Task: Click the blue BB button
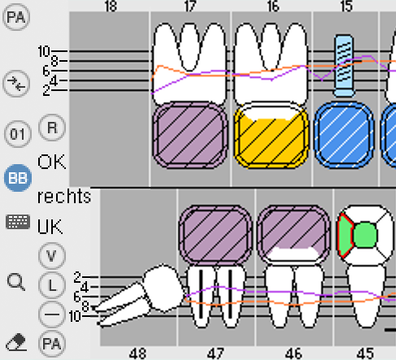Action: coord(18,178)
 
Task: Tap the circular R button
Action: coord(52,128)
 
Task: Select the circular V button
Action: coord(52,256)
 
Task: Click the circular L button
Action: coord(52,285)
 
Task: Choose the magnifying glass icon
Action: coord(16,282)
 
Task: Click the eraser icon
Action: coord(17,342)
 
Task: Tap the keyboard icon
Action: coord(18,222)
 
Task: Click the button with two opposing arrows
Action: coord(16,83)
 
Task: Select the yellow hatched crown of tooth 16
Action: coord(271,135)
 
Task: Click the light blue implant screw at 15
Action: coord(344,66)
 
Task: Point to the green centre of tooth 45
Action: coord(365,235)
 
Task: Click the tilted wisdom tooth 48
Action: coord(140,296)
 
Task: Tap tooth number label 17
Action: coord(190,6)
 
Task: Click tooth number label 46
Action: coord(294,353)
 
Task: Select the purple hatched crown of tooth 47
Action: coord(215,235)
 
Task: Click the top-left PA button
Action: coord(16,17)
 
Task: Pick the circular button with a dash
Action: coord(52,314)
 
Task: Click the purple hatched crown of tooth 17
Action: coord(190,135)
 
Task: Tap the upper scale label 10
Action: coord(44,51)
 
